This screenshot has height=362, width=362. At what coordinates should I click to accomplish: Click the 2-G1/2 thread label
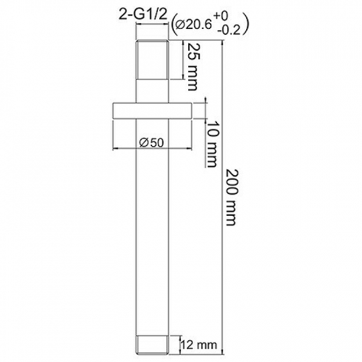143,16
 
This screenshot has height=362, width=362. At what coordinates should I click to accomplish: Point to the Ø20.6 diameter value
194,25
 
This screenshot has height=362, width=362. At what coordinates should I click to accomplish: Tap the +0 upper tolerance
220,16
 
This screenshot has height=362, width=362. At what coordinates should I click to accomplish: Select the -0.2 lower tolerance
229,30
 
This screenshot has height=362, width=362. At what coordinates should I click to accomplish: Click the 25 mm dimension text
192,66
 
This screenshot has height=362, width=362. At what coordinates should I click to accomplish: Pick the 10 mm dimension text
212,145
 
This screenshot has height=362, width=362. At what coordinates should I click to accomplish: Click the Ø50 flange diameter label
151,143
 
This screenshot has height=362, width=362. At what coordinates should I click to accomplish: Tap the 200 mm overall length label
231,197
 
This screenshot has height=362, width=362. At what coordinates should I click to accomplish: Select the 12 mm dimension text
199,345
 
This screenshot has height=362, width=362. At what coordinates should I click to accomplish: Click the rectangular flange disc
153,111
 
